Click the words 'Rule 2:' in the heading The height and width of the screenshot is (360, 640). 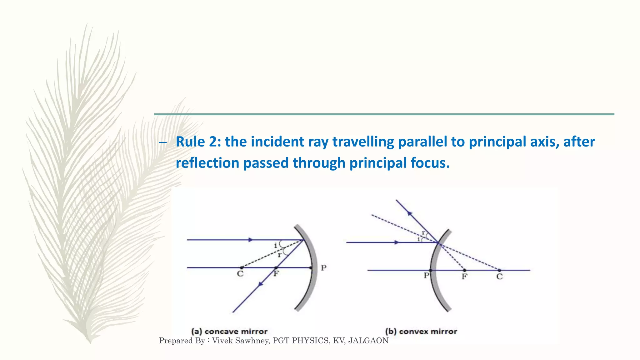tap(198, 142)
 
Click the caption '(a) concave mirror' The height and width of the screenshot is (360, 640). tap(229, 331)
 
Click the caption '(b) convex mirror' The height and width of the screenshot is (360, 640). tap(421, 331)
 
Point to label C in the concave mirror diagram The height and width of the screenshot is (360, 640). tap(240, 274)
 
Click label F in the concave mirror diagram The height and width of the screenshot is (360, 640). tap(276, 274)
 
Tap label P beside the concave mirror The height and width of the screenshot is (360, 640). tap(323, 268)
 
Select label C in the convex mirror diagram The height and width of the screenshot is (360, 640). tap(499, 277)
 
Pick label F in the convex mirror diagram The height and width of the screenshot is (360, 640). tap(465, 277)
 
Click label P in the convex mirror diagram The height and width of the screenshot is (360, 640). tap(426, 276)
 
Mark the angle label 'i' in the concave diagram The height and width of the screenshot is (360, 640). tap(276, 246)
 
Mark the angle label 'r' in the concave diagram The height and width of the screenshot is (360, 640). tap(279, 255)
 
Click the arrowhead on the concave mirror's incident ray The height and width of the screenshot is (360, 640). tap(250, 240)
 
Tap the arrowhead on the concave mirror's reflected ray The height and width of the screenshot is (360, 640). tap(260, 284)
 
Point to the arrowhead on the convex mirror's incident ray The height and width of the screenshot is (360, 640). tap(397, 242)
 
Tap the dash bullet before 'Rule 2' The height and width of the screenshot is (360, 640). tap(162, 143)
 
